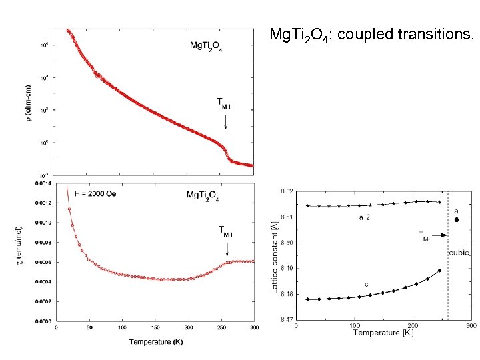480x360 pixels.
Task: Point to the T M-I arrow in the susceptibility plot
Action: (x=227, y=249)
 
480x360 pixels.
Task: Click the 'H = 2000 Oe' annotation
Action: (x=89, y=193)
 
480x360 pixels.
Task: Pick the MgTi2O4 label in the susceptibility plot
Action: (x=203, y=195)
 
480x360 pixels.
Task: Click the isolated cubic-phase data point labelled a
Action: (x=457, y=219)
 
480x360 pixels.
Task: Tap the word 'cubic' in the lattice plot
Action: (x=459, y=253)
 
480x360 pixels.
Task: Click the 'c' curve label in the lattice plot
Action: (x=366, y=285)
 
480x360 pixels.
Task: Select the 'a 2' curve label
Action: (x=366, y=217)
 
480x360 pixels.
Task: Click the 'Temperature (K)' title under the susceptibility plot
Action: (x=155, y=342)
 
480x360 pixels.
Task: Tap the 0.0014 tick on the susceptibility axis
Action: (x=44, y=182)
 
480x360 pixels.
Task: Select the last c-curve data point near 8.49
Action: (x=439, y=270)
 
